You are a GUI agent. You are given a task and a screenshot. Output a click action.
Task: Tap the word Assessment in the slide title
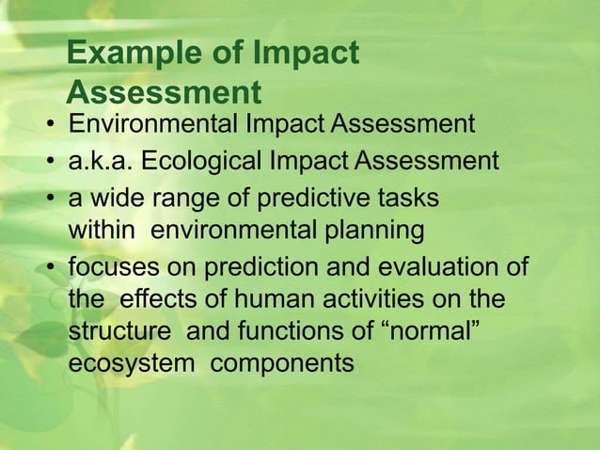tap(164, 93)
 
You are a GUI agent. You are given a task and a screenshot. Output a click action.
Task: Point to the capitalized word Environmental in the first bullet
tap(154, 124)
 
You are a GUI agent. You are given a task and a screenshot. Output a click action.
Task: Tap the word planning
tap(376, 230)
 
